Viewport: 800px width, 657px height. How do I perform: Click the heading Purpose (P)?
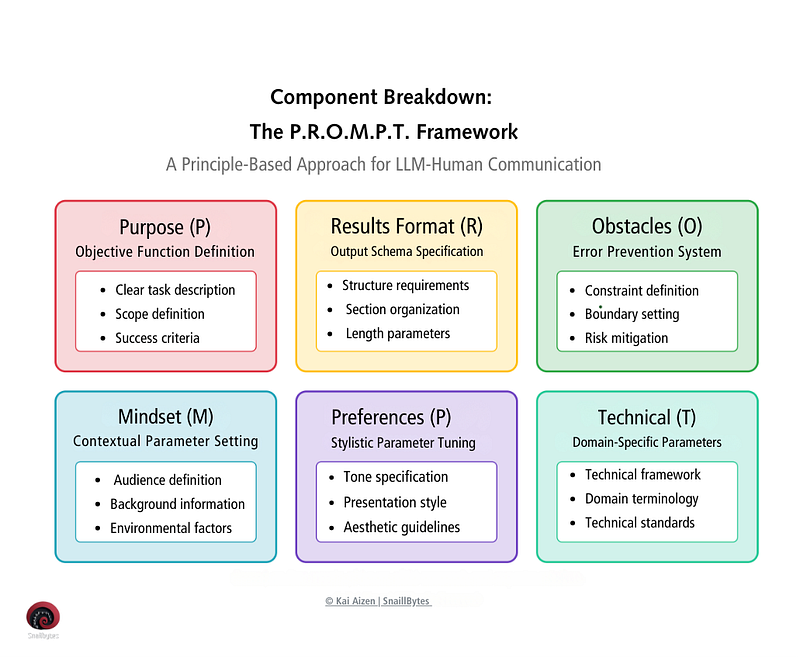point(165,227)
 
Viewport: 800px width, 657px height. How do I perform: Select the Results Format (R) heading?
point(407,227)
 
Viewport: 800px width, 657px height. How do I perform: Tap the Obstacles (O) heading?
point(647,227)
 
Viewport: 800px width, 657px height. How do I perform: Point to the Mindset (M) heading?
point(165,417)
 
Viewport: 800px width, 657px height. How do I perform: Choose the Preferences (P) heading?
point(391,417)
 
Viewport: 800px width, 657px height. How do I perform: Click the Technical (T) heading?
point(647,417)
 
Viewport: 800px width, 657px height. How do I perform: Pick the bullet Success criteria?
point(157,338)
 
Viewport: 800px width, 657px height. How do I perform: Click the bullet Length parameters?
point(396,333)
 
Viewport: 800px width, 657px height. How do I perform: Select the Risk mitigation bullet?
point(626,338)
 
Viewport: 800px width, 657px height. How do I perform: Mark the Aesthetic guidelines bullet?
point(401,527)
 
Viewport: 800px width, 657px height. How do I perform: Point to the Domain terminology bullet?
point(641,498)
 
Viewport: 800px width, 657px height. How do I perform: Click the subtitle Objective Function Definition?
point(165,252)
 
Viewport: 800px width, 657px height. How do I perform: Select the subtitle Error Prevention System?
point(647,252)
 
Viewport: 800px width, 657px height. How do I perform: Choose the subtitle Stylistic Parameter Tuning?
point(404,442)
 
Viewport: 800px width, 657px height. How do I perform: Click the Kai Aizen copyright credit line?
point(378,601)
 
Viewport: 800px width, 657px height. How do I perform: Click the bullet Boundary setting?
point(631,314)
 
